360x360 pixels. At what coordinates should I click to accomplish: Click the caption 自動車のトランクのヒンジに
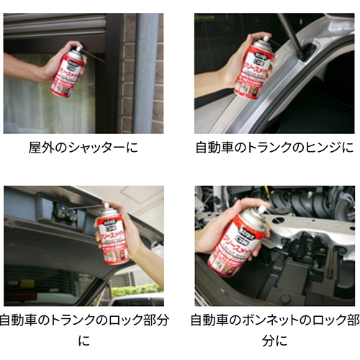pos(274,149)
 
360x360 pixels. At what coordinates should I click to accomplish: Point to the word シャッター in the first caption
pos(96,149)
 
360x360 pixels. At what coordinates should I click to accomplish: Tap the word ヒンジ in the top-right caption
pos(322,149)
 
